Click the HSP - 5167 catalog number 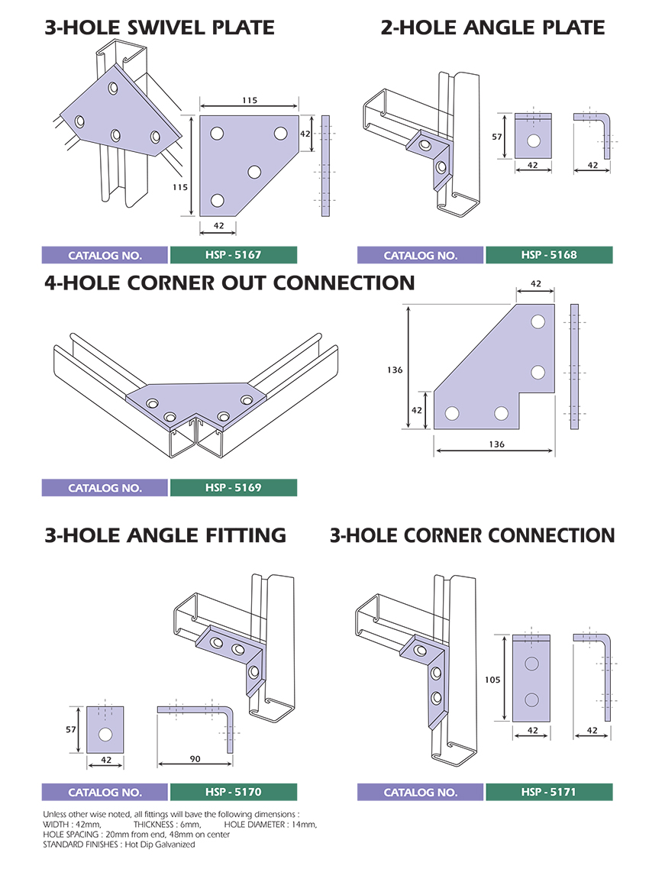[233, 255]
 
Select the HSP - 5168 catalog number [549, 255]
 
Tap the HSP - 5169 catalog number [233, 487]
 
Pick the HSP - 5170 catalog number [233, 792]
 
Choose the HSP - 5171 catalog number [549, 792]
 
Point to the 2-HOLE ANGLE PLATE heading [492, 29]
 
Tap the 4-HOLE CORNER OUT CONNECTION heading [229, 283]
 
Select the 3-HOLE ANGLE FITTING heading [165, 535]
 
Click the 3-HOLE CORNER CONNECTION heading [472, 535]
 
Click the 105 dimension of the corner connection [493, 677]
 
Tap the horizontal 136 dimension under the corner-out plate [494, 444]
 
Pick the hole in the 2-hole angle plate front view [533, 141]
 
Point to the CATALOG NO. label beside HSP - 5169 [105, 487]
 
